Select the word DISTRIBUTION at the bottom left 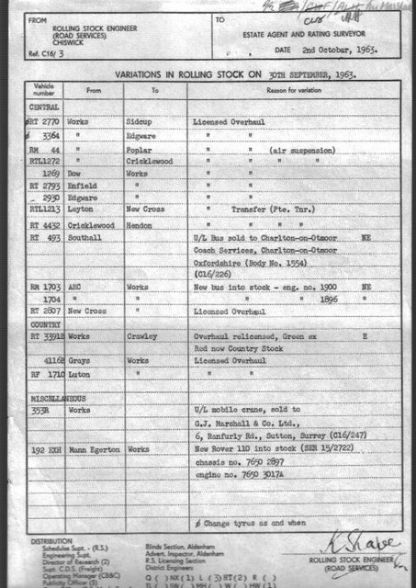click(x=51, y=541)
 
